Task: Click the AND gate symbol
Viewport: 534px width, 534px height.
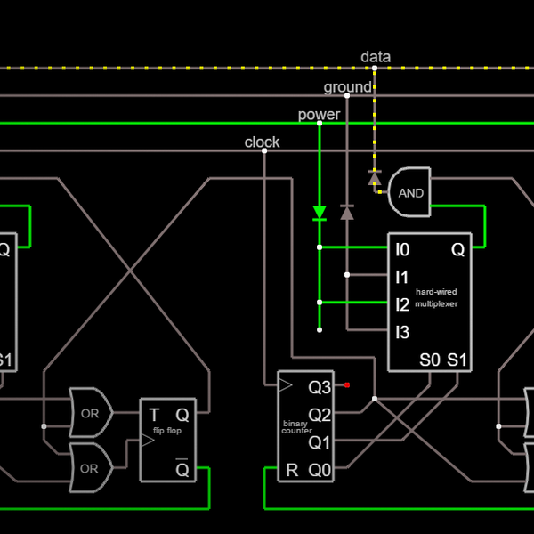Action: click(409, 192)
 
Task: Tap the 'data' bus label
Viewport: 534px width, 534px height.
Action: click(376, 57)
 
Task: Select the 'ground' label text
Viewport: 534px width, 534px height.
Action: click(347, 87)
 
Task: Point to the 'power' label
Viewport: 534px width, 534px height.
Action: click(319, 115)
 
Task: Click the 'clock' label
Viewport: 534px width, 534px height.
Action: click(262, 142)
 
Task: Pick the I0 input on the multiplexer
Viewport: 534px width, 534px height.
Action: click(402, 250)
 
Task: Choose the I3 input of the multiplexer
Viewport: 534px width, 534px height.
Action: click(402, 333)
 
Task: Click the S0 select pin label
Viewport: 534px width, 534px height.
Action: click(430, 360)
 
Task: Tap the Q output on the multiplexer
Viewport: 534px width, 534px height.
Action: click(457, 250)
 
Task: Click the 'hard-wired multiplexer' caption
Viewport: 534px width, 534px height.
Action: click(436, 297)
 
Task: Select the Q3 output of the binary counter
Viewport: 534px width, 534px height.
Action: click(320, 387)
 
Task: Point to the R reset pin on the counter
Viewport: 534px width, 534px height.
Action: click(292, 470)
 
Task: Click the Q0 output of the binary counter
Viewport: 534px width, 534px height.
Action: click(320, 470)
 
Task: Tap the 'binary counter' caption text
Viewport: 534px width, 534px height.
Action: click(295, 427)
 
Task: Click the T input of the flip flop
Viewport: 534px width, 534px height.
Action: click(154, 414)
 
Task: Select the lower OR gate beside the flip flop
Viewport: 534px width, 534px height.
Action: click(90, 468)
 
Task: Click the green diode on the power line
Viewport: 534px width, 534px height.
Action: click(320, 213)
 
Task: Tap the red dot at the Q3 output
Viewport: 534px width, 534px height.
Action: click(347, 385)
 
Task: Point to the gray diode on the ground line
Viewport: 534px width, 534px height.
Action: click(347, 212)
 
